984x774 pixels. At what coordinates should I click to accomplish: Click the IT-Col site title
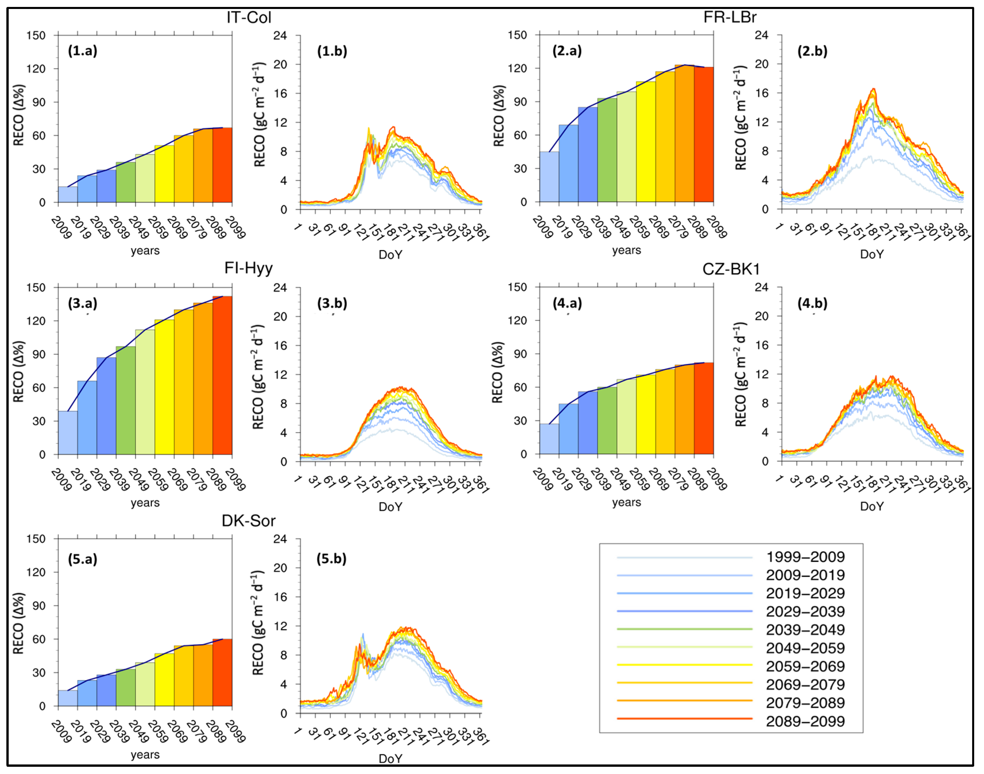click(249, 17)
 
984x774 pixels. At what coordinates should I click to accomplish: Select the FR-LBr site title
click(730, 17)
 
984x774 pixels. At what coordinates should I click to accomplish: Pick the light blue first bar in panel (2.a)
click(549, 177)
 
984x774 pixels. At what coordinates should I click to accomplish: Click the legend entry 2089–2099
click(805, 721)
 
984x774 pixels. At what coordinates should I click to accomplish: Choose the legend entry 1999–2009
click(805, 557)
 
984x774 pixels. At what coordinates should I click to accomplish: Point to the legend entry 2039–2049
click(805, 630)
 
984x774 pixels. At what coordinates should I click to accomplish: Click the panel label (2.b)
click(812, 51)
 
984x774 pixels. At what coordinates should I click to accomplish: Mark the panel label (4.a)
click(567, 303)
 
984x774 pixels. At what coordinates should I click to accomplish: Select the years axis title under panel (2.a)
click(626, 250)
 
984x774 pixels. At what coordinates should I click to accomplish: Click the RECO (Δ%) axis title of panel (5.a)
click(19, 623)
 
